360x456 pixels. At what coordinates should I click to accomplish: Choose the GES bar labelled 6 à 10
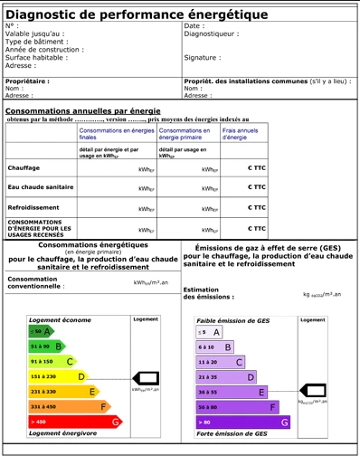[x=215, y=347]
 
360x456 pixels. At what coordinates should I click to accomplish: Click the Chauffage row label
[x=24, y=168]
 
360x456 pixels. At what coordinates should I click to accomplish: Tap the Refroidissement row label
[x=33, y=207]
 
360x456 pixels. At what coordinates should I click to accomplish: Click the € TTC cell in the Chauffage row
[x=256, y=168]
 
